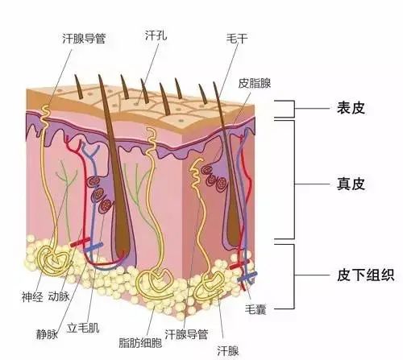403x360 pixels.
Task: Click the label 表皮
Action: pyautogui.click(x=351, y=108)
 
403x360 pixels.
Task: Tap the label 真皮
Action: pyautogui.click(x=351, y=184)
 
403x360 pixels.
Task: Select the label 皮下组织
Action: pyautogui.click(x=365, y=275)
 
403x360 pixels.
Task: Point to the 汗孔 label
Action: pyautogui.click(x=156, y=35)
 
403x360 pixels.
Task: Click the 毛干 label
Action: pyautogui.click(x=237, y=39)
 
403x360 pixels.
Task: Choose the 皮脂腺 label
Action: pyautogui.click(x=254, y=83)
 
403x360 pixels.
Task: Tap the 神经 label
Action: pyautogui.click(x=32, y=297)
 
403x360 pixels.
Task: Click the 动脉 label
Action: pyautogui.click(x=59, y=296)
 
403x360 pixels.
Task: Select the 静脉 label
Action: pyautogui.click(x=48, y=334)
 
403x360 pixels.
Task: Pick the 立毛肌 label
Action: pyautogui.click(x=83, y=328)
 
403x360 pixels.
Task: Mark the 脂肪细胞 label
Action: pyautogui.click(x=140, y=343)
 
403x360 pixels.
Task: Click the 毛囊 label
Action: pyautogui.click(x=256, y=309)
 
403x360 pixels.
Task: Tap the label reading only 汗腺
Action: pyautogui.click(x=228, y=351)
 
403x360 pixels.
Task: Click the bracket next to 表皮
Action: pyautogui.click(x=294, y=109)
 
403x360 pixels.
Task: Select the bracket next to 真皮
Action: pyautogui.click(x=294, y=180)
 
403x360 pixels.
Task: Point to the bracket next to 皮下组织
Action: pyautogui.click(x=294, y=276)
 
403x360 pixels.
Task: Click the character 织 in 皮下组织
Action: pyautogui.click(x=387, y=275)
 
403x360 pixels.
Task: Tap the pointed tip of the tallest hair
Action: pyautogui.click(x=99, y=75)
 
